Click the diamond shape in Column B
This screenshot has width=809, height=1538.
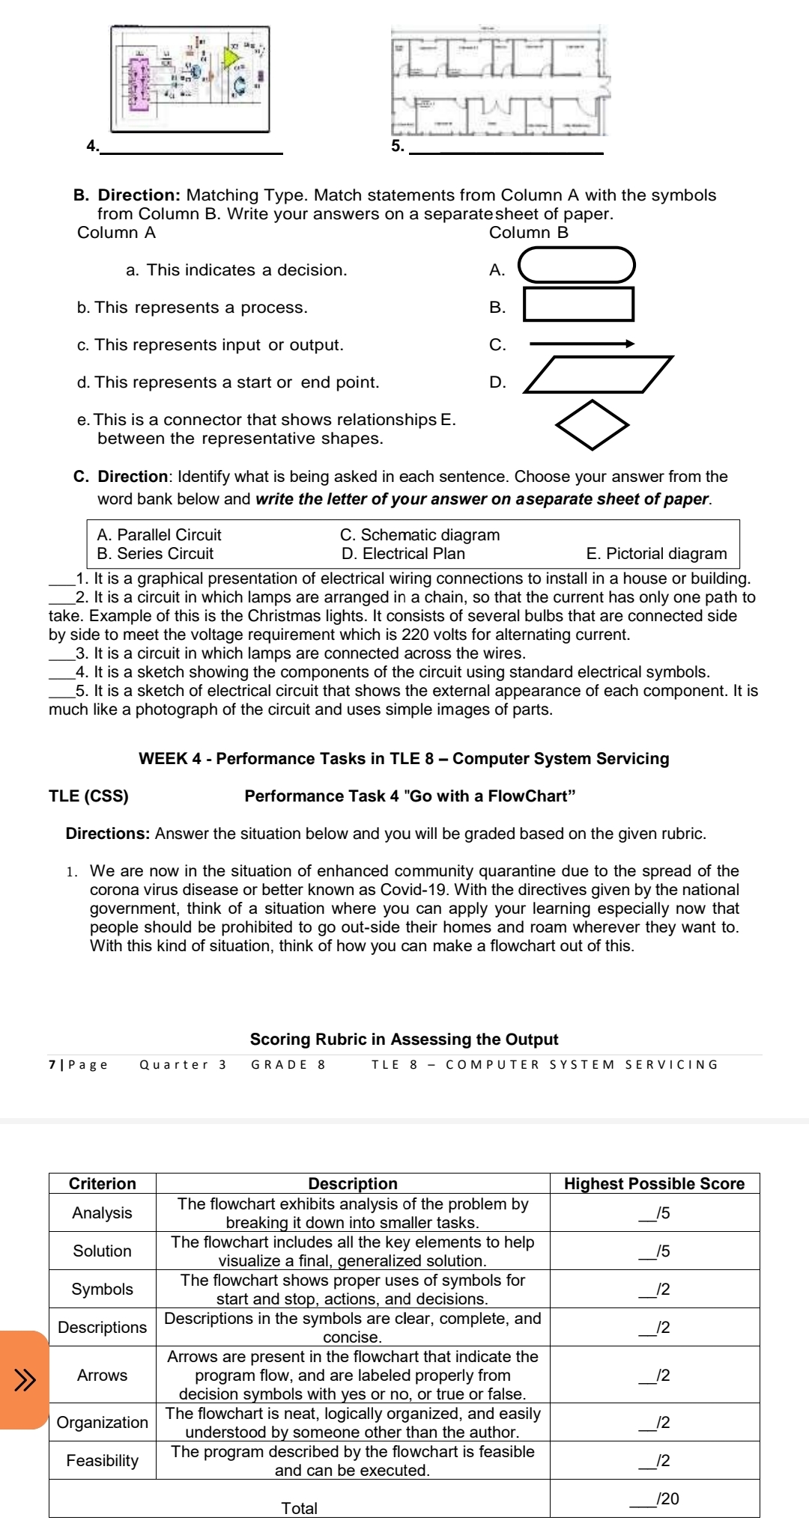pyautogui.click(x=592, y=425)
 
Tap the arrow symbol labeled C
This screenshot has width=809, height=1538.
pyautogui.click(x=582, y=344)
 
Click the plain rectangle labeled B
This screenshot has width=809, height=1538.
pyautogui.click(x=578, y=304)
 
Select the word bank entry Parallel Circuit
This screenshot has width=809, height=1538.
pyautogui.click(x=159, y=535)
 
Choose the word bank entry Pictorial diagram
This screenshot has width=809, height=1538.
pyautogui.click(x=656, y=554)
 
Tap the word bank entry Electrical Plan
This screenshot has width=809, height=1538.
pyautogui.click(x=403, y=554)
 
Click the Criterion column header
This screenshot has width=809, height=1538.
pyautogui.click(x=103, y=1183)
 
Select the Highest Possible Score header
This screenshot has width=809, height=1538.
pyautogui.click(x=654, y=1183)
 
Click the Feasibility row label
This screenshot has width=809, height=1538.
pyautogui.click(x=103, y=1460)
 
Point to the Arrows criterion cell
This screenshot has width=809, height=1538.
pyautogui.click(x=103, y=1375)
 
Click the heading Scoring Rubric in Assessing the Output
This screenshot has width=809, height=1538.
pyautogui.click(x=404, y=1040)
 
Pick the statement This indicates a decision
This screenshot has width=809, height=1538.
pyautogui.click(x=236, y=270)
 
